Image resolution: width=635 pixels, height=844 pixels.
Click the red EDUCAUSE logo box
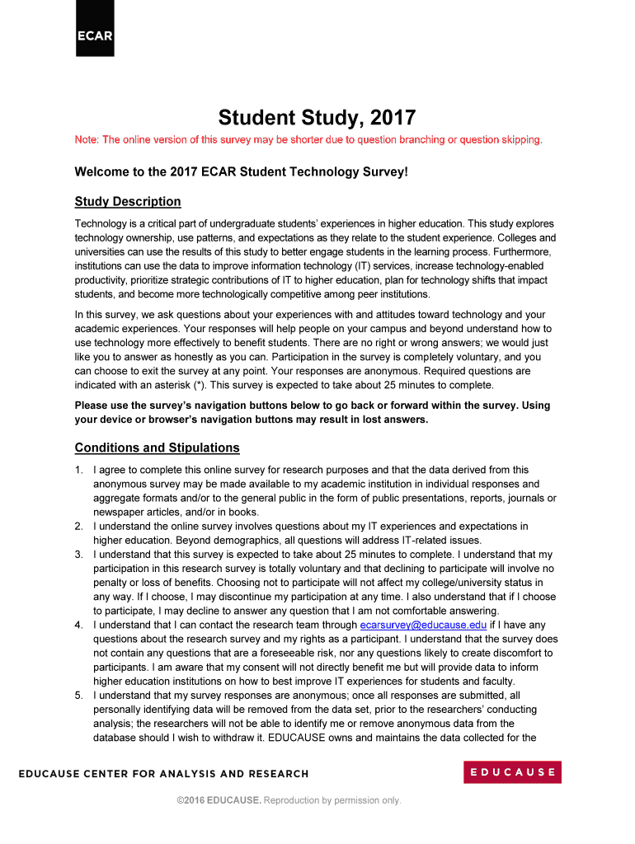click(x=512, y=772)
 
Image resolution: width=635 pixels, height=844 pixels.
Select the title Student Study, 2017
click(x=317, y=117)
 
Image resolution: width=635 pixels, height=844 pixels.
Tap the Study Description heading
click(x=128, y=202)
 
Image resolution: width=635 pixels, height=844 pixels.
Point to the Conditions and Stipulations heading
click(x=157, y=448)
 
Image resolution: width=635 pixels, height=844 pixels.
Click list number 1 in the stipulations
click(x=79, y=470)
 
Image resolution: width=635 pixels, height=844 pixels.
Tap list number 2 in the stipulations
click(x=79, y=526)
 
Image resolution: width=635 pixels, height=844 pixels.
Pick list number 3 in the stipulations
click(x=79, y=555)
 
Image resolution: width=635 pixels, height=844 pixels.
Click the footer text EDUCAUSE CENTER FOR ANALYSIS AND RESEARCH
click(x=164, y=774)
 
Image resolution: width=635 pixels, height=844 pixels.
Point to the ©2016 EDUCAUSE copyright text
click(x=219, y=800)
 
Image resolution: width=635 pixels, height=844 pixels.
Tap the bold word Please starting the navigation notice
click(x=92, y=406)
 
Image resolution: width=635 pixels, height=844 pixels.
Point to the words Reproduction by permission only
click(x=332, y=800)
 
